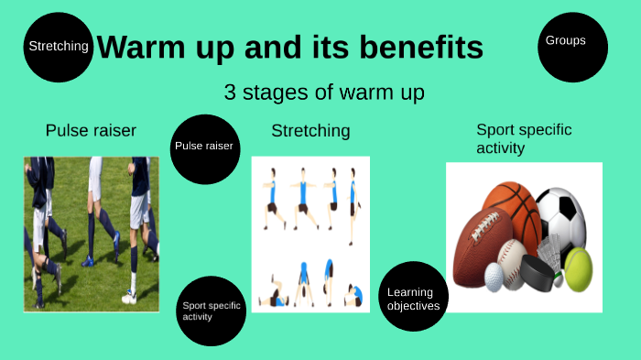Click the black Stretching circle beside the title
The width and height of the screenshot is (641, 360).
coord(59,47)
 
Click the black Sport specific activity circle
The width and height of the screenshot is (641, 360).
coord(212,311)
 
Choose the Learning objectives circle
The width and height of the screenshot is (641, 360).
coord(412,295)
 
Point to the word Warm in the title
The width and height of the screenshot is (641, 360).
coord(138,47)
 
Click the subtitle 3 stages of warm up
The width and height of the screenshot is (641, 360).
coord(323,93)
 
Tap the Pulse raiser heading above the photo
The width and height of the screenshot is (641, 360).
coord(91,131)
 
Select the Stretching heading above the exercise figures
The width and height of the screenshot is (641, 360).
coord(310,131)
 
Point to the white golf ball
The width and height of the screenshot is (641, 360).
coord(494,278)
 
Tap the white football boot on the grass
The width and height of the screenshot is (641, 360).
coord(130,295)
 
